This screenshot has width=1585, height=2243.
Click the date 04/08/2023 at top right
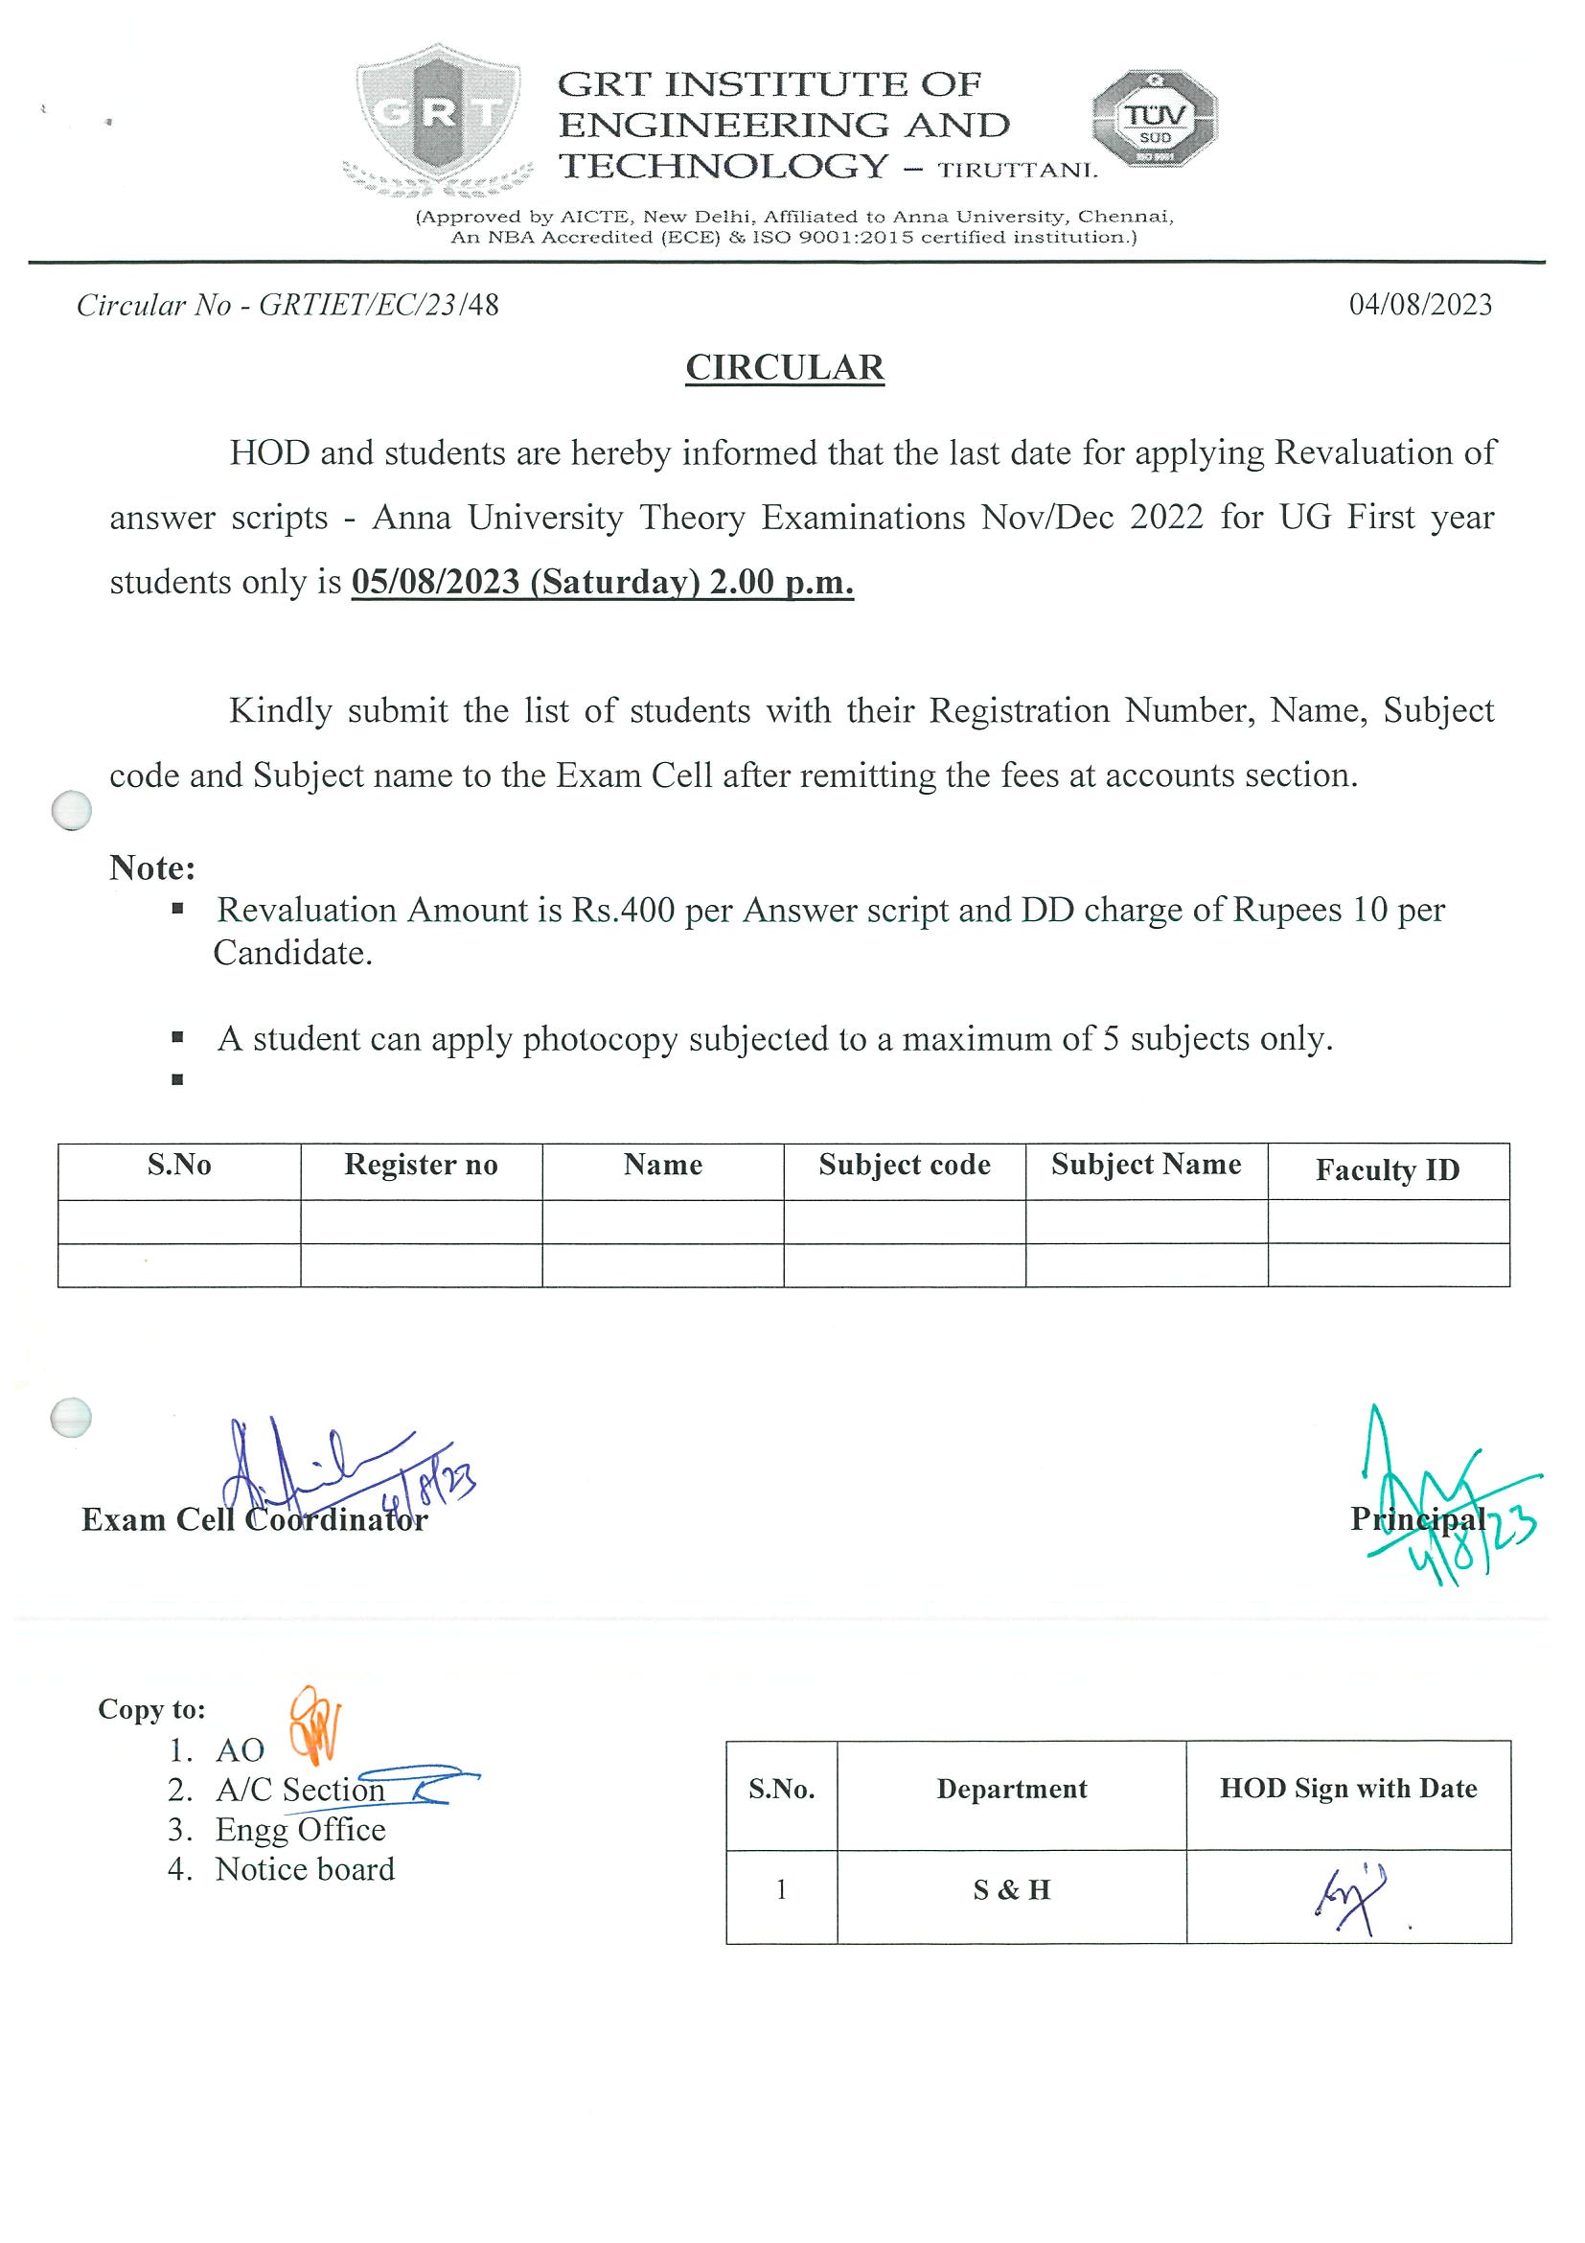(x=1420, y=305)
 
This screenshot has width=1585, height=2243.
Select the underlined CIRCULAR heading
(x=784, y=368)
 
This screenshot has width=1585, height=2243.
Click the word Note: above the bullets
(x=152, y=867)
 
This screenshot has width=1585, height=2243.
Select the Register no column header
(x=421, y=1165)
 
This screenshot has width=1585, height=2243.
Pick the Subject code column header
(x=905, y=1165)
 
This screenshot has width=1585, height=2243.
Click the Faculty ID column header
(x=1387, y=1169)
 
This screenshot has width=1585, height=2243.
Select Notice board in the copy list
(x=305, y=1869)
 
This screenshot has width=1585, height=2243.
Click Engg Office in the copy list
(x=301, y=1829)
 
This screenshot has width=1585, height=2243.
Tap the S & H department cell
(x=1012, y=1889)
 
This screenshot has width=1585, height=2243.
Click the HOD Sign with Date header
(x=1347, y=1789)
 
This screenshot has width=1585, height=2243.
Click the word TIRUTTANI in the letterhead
(x=1018, y=171)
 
